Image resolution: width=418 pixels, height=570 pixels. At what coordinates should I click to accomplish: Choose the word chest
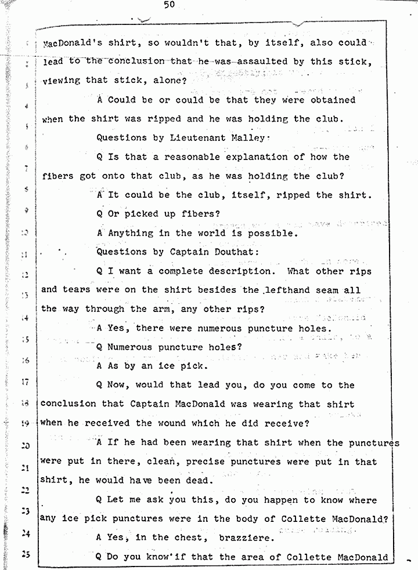[189, 538]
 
